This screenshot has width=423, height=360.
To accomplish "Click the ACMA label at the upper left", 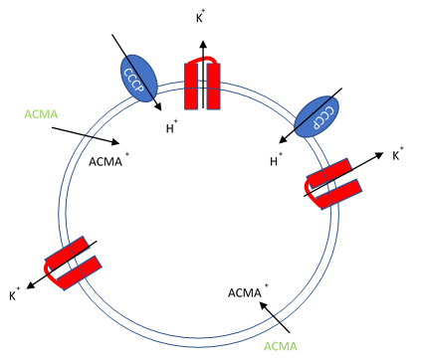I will tap(41, 114).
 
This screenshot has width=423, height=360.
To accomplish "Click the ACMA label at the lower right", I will tap(280, 346).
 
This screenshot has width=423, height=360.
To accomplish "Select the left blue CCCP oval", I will tap(138, 77).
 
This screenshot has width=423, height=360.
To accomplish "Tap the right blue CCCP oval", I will tap(317, 116).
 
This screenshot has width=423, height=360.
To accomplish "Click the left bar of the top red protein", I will tap(191, 88).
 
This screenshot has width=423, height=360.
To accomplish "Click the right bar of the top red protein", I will tap(213, 88).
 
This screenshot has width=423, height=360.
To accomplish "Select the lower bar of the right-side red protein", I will tap(337, 195).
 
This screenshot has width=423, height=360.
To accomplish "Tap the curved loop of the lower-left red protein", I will tap(50, 267).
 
